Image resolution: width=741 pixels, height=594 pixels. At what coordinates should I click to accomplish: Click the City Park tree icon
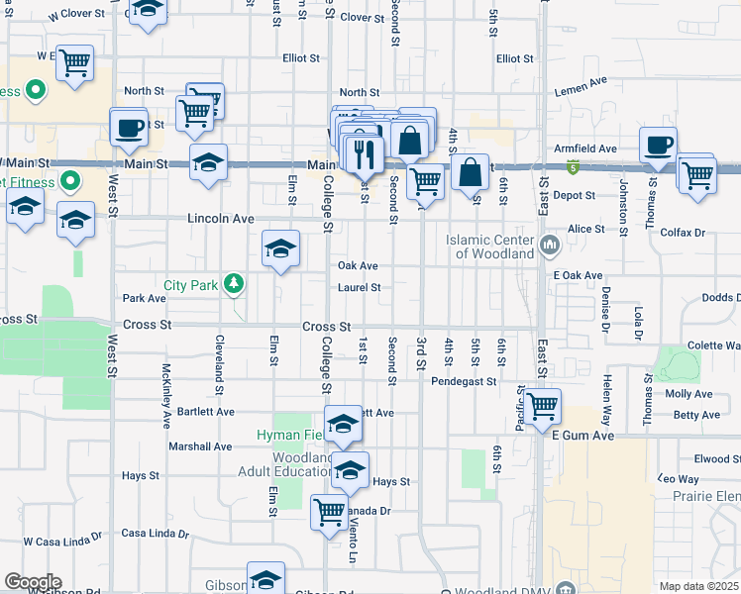coord(233,285)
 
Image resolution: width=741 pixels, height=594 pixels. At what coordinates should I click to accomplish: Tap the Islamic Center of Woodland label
coord(489,247)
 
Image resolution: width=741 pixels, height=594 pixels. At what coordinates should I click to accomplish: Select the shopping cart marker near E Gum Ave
coord(543,406)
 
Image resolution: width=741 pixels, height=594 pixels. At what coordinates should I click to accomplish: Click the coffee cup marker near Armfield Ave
coord(658,145)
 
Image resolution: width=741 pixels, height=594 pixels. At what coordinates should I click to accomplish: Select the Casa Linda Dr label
coord(156,533)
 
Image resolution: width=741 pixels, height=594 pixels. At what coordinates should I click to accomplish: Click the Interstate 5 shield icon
coord(574,168)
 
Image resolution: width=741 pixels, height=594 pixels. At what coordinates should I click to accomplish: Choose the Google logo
coord(32,582)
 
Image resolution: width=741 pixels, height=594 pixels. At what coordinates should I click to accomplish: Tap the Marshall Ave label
coord(200,446)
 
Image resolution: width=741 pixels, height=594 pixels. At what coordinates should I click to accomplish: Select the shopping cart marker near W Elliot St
coord(75,63)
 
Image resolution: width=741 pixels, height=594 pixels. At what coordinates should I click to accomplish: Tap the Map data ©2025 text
coord(698,586)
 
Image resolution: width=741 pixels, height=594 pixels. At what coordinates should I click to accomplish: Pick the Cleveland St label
coord(219,360)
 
